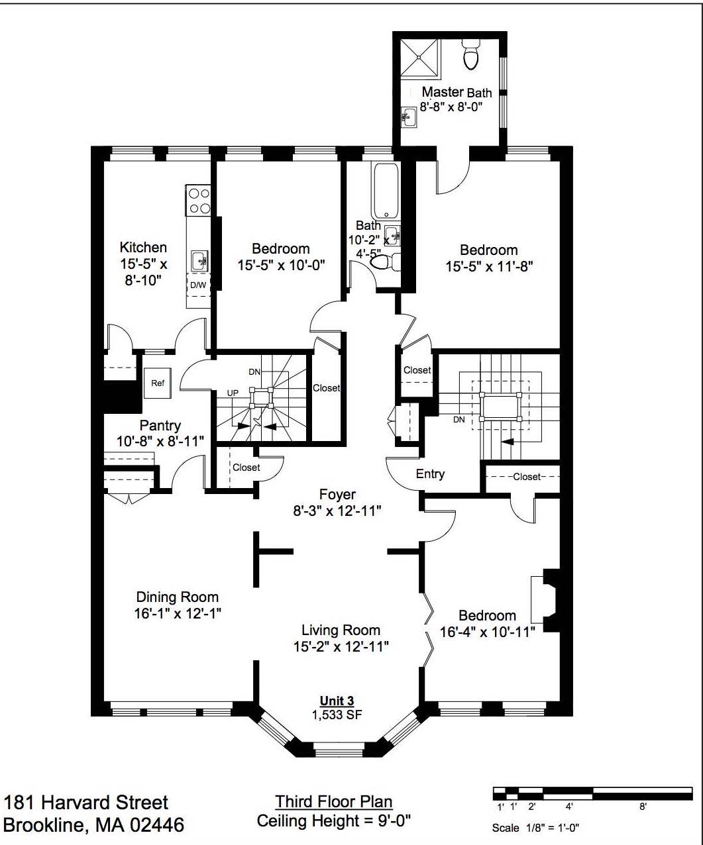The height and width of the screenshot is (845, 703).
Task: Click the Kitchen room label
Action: point(143,247)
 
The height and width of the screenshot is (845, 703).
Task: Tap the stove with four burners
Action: point(198,201)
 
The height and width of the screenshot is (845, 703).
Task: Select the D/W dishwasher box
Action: point(198,285)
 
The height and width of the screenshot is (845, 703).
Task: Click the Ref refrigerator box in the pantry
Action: point(158,383)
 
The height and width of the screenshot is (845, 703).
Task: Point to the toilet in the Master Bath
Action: point(470,54)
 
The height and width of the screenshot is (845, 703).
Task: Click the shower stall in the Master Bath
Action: point(419,58)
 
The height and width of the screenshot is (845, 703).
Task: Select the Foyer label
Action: point(337,495)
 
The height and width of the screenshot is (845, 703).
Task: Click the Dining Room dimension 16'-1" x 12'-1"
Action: point(178,613)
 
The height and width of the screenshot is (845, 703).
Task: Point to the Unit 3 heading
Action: point(337,701)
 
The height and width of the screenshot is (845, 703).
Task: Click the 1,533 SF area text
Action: point(337,715)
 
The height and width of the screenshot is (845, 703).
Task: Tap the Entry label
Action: point(430,474)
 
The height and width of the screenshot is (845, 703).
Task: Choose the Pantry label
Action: point(160,425)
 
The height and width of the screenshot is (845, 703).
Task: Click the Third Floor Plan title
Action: point(334,802)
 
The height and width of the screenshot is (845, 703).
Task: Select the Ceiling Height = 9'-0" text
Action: point(334,820)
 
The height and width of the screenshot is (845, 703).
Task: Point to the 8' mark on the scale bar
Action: point(643,807)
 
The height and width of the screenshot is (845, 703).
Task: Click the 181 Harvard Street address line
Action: point(86,802)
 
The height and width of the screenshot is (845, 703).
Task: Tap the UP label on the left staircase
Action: point(233,393)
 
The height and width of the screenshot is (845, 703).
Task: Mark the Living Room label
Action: point(341,630)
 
